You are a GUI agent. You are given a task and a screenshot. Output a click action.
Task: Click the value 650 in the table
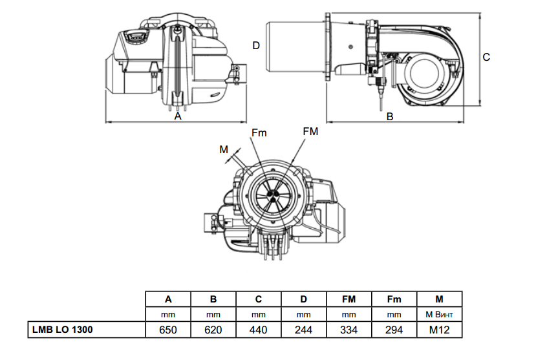coord(168,330)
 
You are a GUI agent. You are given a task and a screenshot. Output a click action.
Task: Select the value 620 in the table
coord(213,330)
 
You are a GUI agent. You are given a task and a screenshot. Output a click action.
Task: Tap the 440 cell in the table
coord(258,330)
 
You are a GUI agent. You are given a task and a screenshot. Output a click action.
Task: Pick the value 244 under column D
coord(303,330)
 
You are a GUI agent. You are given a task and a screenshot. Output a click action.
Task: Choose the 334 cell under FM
coord(349,330)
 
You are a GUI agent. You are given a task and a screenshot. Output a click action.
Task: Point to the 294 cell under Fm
coord(394,330)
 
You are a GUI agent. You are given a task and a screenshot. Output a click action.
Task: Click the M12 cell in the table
coord(439,330)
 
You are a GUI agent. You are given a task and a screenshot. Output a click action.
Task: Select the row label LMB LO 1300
coord(63,330)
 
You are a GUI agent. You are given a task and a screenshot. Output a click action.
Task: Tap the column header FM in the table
coord(349,299)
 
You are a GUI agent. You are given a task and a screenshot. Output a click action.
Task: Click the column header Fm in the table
coord(394,299)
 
